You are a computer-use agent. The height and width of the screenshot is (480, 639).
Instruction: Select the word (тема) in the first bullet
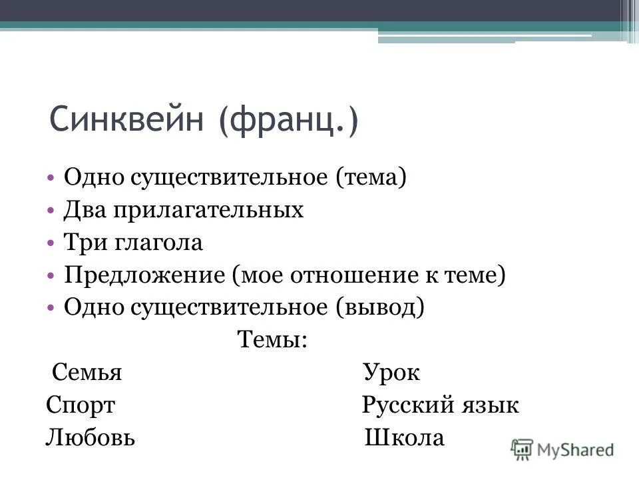coord(371,178)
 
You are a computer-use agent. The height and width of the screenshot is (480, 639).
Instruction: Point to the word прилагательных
coord(211,211)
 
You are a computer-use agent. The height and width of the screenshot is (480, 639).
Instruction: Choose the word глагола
coord(160,243)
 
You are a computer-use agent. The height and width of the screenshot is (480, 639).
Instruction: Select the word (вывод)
coord(380,307)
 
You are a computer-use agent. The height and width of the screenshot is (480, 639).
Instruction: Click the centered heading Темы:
coord(272,340)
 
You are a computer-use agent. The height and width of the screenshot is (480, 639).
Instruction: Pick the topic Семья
coord(87,373)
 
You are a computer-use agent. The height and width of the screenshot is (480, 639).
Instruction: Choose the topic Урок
coord(391,373)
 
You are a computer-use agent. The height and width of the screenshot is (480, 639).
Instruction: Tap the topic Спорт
coord(81,405)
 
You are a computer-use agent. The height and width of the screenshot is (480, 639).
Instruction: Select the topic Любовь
coord(91,438)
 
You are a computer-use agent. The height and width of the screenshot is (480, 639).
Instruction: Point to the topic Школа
coord(405,438)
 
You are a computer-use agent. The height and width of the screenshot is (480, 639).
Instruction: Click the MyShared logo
coord(562,449)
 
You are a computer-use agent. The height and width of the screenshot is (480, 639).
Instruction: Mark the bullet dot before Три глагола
coord(52,243)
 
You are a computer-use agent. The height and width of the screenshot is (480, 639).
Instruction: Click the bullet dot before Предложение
coord(52,275)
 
